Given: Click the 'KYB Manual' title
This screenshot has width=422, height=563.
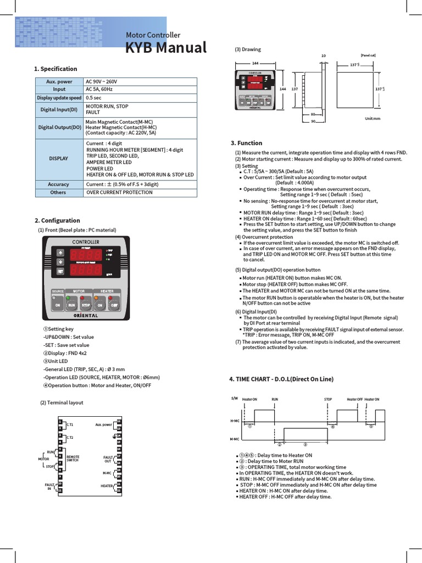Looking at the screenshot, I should point(166,48).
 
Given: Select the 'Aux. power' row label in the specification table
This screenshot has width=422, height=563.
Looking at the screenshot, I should point(59,81).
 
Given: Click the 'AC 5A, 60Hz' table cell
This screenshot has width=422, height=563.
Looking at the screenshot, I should point(99,89).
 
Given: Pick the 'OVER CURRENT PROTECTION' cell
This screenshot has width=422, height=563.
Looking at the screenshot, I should point(119,192).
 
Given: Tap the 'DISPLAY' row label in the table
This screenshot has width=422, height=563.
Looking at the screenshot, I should point(59,158).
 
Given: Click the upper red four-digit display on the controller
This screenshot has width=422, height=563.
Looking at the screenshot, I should point(86,255).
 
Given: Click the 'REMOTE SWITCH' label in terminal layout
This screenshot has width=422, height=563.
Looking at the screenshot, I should point(73,458).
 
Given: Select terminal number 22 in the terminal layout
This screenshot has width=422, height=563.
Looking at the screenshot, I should point(119,490).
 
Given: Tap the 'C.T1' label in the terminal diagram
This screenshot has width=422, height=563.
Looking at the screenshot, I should point(70,425).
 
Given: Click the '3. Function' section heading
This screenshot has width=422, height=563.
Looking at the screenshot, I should point(246,143).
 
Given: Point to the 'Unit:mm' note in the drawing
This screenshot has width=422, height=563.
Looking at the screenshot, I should point(373,119).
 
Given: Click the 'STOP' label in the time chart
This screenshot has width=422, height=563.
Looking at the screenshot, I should point(328,400).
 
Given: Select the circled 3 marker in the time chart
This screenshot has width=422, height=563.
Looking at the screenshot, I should point(305,444).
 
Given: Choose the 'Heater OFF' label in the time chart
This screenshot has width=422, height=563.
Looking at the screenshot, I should point(354,400).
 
